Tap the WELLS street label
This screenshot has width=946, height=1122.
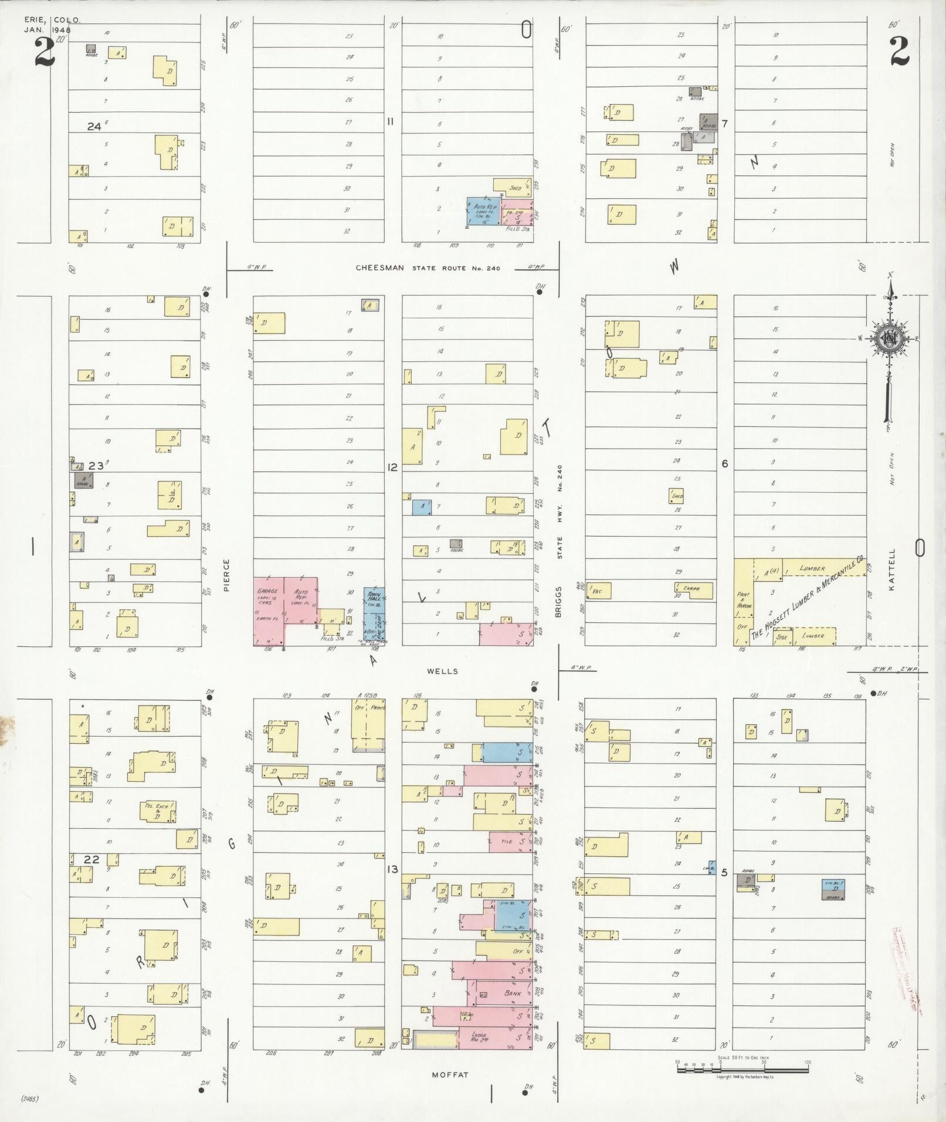pyautogui.click(x=443, y=671)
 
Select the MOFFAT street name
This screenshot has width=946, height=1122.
pyautogui.click(x=450, y=1075)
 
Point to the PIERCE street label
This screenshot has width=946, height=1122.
pyautogui.click(x=226, y=574)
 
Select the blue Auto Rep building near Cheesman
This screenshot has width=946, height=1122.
pyautogui.click(x=483, y=211)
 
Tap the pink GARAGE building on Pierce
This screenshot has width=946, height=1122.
pyautogui.click(x=268, y=610)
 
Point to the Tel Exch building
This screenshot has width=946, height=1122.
pyautogui.click(x=157, y=812)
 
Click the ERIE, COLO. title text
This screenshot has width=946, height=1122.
pyautogui.click(x=52, y=20)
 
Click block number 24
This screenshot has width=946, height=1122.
pyautogui.click(x=94, y=126)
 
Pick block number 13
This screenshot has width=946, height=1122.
pyautogui.click(x=392, y=869)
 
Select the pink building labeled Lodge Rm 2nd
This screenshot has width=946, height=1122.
pyautogui.click(x=494, y=1037)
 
